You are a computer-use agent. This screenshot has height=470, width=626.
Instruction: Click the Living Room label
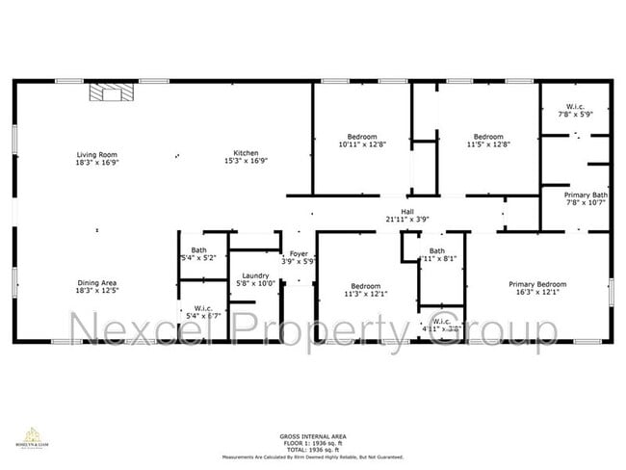[x=96, y=155]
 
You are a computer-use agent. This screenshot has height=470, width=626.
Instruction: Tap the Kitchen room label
[x=246, y=155]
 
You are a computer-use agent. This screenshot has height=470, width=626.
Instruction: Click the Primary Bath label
[x=586, y=195]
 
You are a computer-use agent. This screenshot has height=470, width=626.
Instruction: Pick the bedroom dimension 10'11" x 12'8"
[x=362, y=144]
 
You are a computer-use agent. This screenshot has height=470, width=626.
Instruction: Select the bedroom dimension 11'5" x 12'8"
[x=487, y=144]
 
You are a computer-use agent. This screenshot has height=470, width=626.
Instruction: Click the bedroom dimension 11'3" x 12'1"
[x=366, y=294]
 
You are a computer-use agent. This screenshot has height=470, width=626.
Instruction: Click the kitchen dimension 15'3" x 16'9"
[x=246, y=163]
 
